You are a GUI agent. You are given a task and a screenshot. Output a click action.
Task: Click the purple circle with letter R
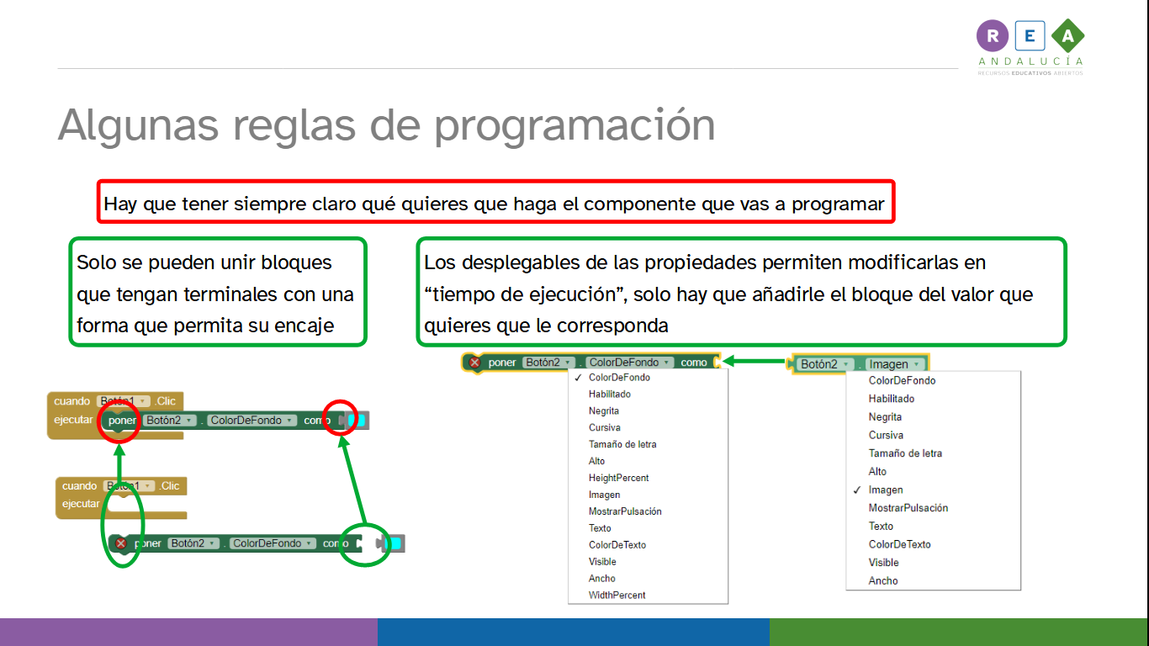click(993, 35)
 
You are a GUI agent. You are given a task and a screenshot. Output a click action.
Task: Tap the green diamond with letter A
click(1067, 35)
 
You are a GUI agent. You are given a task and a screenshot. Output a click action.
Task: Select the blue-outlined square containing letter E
click(1030, 35)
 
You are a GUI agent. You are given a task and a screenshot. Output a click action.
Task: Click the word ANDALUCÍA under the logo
click(1030, 61)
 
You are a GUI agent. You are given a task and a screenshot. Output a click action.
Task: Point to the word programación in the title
click(574, 124)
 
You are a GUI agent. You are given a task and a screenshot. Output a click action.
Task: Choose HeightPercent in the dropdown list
click(618, 478)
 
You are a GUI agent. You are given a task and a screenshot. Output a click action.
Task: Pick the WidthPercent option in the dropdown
click(617, 596)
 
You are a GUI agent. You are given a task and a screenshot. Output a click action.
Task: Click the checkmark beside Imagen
click(856, 490)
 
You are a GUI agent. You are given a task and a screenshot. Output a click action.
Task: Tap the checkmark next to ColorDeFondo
click(578, 378)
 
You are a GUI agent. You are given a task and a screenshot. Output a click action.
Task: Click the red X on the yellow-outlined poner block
click(474, 363)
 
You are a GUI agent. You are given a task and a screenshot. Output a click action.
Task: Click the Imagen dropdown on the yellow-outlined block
click(894, 364)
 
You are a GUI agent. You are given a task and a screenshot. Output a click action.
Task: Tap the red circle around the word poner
click(119, 421)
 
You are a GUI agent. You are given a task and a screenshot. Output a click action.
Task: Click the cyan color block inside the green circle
click(391, 544)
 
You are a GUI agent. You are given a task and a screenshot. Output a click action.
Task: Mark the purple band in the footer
click(188, 632)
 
